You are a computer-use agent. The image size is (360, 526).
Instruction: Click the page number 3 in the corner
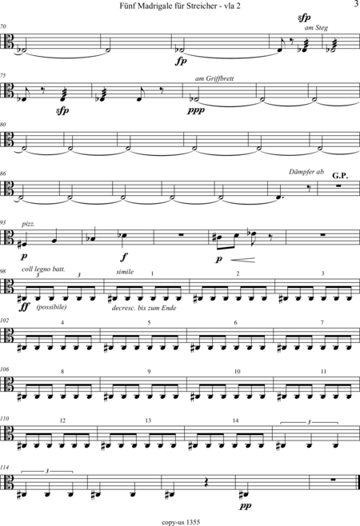click(x=356, y=4)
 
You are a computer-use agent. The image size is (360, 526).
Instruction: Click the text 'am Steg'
click(x=316, y=28)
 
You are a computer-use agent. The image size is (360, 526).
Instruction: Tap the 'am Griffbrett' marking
click(x=214, y=78)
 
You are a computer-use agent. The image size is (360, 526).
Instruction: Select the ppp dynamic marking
click(x=196, y=110)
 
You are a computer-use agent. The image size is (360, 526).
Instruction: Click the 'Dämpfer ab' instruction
click(x=306, y=172)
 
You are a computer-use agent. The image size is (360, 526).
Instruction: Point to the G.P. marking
click(x=340, y=175)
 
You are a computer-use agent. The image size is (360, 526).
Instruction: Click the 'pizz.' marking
click(x=28, y=224)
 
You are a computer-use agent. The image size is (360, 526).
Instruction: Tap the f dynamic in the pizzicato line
click(x=124, y=257)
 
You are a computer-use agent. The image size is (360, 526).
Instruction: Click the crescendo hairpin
click(x=242, y=260)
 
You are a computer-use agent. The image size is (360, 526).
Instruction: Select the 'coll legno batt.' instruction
click(x=43, y=269)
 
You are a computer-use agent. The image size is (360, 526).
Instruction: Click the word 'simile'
click(x=125, y=272)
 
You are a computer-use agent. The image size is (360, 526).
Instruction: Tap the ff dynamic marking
click(x=25, y=307)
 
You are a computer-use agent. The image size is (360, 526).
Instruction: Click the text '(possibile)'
click(x=52, y=307)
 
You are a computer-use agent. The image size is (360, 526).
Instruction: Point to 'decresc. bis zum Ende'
click(x=144, y=308)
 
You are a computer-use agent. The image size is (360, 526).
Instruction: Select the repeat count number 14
click(x=235, y=420)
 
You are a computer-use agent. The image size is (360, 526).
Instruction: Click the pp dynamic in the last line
click(x=246, y=506)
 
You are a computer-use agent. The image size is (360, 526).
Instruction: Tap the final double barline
click(x=358, y=485)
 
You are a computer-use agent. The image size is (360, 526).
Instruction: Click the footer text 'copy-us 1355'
click(x=181, y=522)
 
